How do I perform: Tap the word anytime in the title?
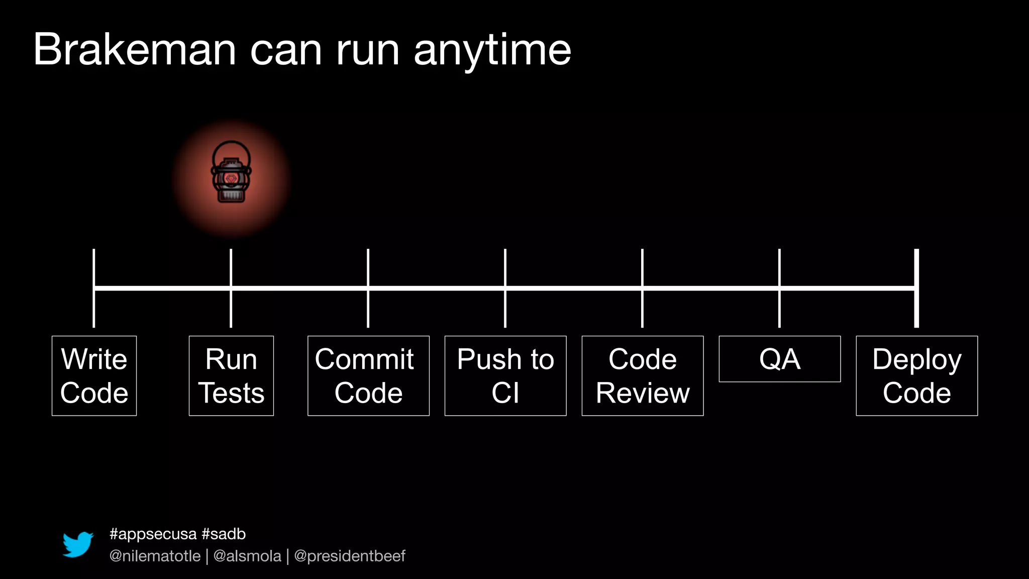click(492, 50)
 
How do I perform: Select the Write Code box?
click(94, 375)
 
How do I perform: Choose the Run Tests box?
click(231, 375)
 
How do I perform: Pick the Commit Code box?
click(368, 375)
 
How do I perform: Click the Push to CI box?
click(505, 375)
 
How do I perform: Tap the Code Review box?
click(643, 375)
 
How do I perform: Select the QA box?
click(779, 359)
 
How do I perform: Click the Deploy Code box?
click(917, 375)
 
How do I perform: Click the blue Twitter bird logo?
click(78, 544)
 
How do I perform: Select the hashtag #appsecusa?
click(153, 534)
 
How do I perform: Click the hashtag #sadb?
click(224, 534)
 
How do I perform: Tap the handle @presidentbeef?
click(350, 556)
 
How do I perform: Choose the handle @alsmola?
click(247, 556)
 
